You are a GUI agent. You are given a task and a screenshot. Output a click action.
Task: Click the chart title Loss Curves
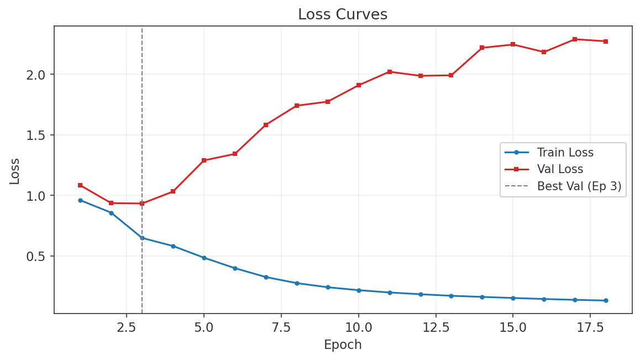pos(343,14)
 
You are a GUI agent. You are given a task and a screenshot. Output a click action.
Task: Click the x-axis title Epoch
pos(343,345)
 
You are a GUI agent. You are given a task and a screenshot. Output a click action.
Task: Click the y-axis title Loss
pos(15,171)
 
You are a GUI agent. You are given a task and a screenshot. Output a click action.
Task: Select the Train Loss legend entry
pos(565,153)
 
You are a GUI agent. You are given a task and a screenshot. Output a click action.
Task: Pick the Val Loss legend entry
pos(560,169)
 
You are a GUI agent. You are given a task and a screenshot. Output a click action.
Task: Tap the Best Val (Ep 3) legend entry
pos(579,186)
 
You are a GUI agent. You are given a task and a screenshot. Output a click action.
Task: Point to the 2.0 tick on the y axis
pos(39,75)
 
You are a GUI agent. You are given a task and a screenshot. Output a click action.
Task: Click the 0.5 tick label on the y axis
pos(39,257)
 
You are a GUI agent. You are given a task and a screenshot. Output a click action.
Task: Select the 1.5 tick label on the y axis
pos(39,135)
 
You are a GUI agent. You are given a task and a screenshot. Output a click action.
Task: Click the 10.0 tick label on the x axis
pos(358,327)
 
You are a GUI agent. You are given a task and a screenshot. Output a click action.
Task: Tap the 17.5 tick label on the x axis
pos(590,327)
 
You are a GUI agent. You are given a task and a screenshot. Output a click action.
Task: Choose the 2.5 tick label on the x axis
pos(127,327)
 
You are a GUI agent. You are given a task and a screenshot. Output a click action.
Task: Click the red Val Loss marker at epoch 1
pos(80,185)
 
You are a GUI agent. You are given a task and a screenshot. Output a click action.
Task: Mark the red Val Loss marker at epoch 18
pos(606,41)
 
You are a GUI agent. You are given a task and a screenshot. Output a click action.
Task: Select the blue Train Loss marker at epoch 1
pos(80,200)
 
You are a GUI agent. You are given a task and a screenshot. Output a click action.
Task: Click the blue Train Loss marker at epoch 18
pos(606,300)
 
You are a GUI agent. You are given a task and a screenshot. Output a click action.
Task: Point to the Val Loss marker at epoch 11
pos(390,72)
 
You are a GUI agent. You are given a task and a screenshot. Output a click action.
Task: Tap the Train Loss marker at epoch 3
pos(142,238)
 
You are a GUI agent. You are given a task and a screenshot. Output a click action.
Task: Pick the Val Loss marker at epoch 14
pos(482,48)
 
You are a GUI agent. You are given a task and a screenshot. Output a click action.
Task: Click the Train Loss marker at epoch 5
pos(204,258)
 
